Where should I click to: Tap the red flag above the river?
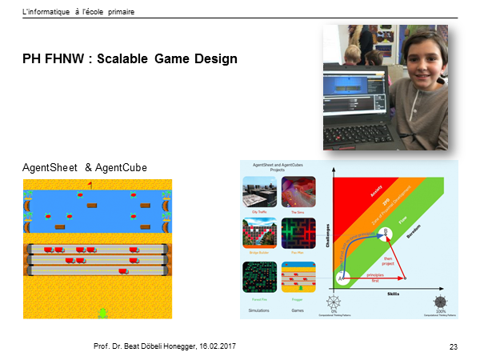pyautogui.click(x=90, y=185)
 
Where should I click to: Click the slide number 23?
pyautogui.click(x=452, y=345)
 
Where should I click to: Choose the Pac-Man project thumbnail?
pyautogui.click(x=298, y=234)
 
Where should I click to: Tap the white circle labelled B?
pyautogui.click(x=386, y=232)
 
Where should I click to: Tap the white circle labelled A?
pyautogui.click(x=342, y=278)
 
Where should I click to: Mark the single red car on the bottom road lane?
pyautogui.click(x=125, y=271)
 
